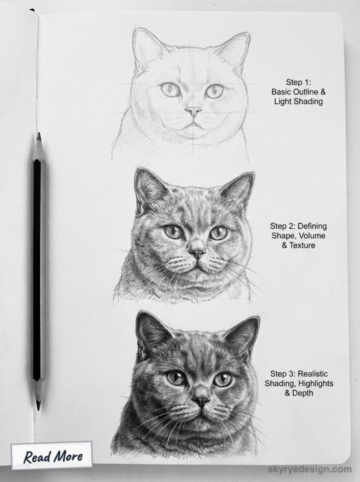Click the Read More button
53,456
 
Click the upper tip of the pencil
39,137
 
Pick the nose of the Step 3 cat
201,401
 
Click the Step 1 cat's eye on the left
170,89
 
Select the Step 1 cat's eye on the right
214,91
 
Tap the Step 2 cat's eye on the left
174,232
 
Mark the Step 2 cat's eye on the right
218,233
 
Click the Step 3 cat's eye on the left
176,378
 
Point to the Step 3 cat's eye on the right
223,379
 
